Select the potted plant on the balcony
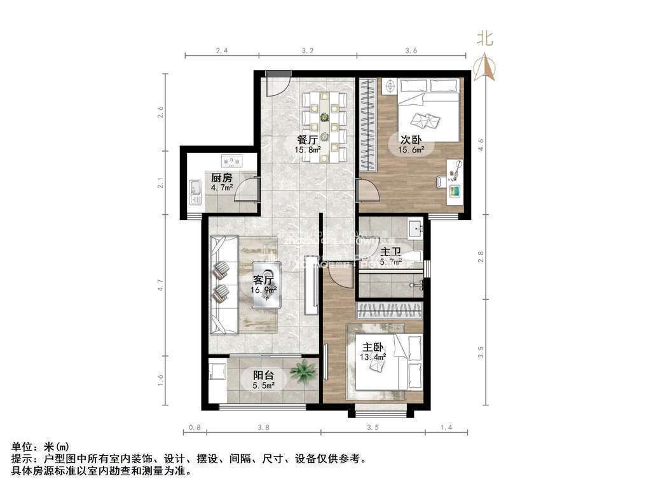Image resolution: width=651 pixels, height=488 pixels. click(303, 372)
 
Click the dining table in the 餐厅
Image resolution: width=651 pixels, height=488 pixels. click(325, 125)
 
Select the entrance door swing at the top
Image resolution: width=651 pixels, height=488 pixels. click(278, 85)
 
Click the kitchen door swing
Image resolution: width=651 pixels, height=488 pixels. click(248, 189)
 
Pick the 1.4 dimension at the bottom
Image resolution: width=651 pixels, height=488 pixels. click(447, 428)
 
